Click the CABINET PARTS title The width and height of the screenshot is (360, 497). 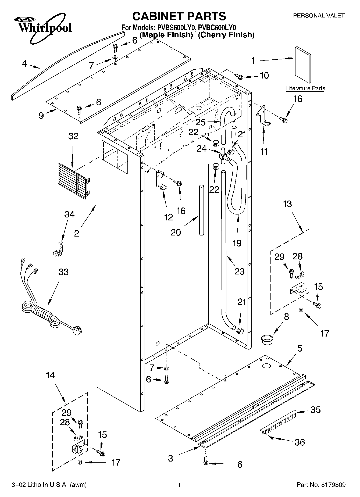pyautogui.click(x=179, y=16)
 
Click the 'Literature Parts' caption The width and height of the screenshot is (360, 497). pyautogui.click(x=305, y=88)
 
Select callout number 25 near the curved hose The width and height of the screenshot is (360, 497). pyautogui.click(x=200, y=122)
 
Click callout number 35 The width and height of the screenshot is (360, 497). pyautogui.click(x=315, y=410)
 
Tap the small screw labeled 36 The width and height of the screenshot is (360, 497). pyautogui.click(x=272, y=438)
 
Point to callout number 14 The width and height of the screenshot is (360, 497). pyautogui.click(x=50, y=375)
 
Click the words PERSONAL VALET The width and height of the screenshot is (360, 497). pyautogui.click(x=318, y=16)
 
